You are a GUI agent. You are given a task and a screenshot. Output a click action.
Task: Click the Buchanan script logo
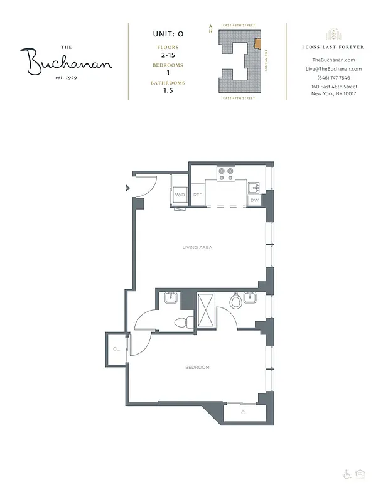[69, 61]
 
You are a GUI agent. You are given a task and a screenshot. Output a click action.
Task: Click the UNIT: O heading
[166, 34]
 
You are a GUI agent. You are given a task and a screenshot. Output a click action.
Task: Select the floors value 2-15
[166, 56]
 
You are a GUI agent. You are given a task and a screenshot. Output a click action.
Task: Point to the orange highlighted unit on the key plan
[257, 45]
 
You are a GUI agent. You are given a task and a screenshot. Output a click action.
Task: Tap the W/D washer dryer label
[180, 195]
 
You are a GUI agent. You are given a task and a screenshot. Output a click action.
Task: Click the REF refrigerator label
[198, 195]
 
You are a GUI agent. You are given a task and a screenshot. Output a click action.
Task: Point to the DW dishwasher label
[254, 200]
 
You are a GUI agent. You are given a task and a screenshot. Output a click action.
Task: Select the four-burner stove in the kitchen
[225, 174]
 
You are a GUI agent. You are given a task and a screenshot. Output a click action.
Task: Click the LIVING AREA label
[197, 248]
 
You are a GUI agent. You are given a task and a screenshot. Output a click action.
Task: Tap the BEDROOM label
[197, 367]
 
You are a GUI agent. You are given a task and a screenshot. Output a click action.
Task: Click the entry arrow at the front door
[128, 188]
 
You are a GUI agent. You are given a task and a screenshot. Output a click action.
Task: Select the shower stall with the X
[206, 310]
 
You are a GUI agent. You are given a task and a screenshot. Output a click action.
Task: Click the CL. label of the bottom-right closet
[244, 413]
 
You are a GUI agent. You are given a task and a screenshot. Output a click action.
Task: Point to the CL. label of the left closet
[116, 349]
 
